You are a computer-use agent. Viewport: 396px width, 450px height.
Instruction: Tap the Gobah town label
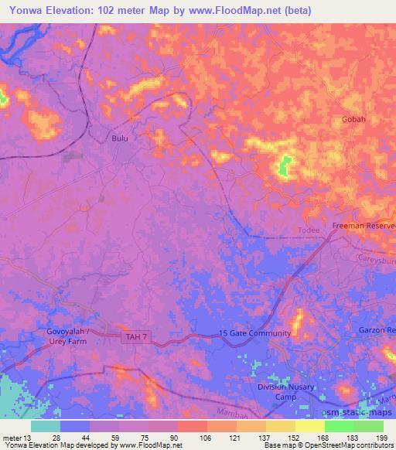point(353,120)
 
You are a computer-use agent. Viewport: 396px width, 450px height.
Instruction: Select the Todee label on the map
point(309,230)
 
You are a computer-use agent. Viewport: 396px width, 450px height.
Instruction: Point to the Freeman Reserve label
point(364,225)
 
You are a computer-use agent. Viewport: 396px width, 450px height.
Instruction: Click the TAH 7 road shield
point(136,336)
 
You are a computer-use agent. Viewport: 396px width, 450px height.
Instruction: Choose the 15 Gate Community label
point(254,333)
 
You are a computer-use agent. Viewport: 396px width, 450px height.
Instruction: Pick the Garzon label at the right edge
point(378,330)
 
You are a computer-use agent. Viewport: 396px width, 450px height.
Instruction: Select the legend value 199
point(381,437)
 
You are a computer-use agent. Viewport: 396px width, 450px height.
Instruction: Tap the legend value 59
point(103,437)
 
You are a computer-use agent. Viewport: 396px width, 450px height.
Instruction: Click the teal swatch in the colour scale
point(46,426)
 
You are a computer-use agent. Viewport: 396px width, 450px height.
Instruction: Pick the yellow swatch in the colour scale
point(309,426)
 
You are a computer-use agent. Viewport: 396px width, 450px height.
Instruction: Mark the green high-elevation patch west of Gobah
point(285,165)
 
